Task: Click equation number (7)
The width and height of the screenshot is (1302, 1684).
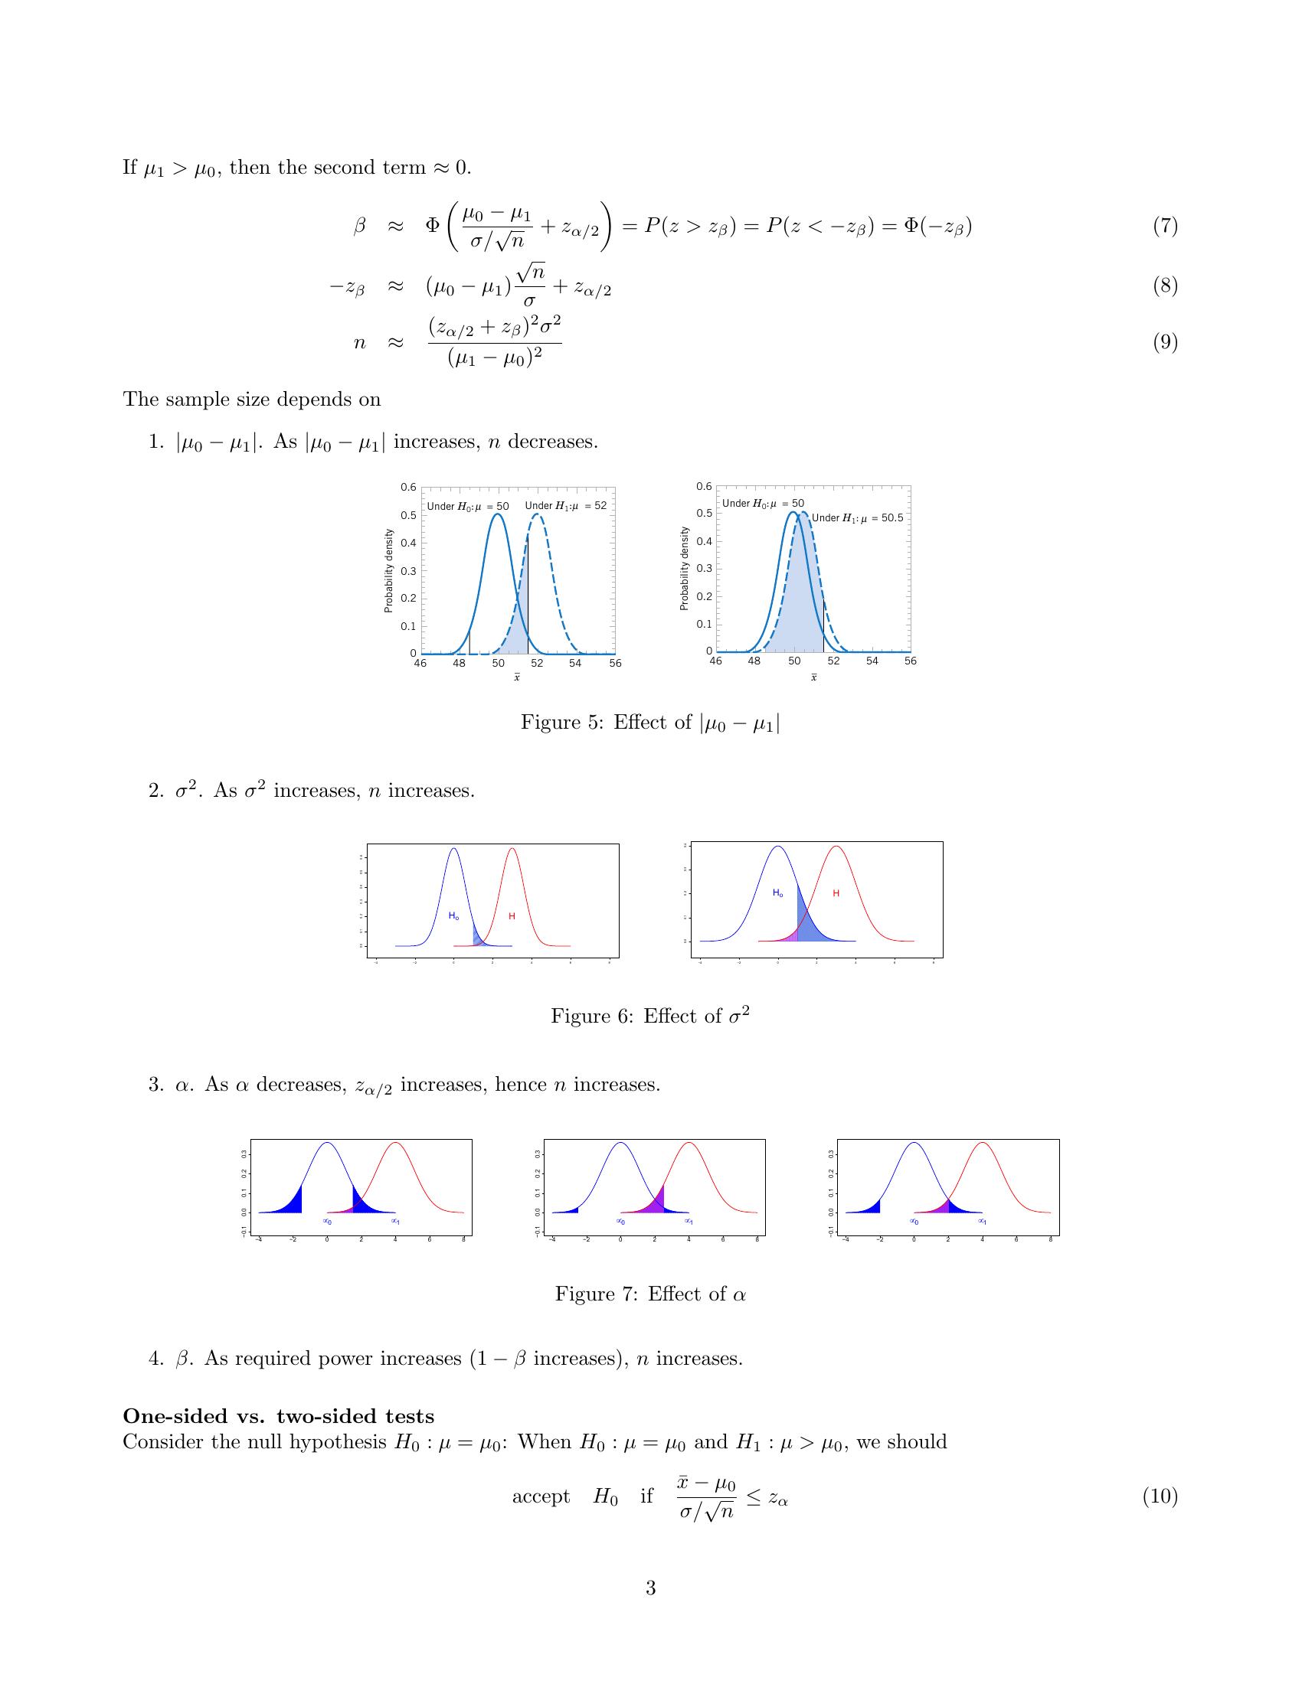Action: pyautogui.click(x=1165, y=227)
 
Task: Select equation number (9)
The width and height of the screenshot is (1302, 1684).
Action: pyautogui.click(x=1165, y=341)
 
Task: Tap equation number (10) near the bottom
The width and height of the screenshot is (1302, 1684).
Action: pyautogui.click(x=1160, y=1518)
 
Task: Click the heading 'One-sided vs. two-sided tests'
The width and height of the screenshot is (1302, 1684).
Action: pyautogui.click(x=279, y=1416)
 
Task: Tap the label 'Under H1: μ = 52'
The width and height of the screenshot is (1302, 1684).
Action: pyautogui.click(x=565, y=507)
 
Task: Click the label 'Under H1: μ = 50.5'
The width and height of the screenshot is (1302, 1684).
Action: pyautogui.click(x=856, y=518)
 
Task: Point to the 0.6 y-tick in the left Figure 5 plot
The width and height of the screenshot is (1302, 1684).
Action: pyautogui.click(x=408, y=488)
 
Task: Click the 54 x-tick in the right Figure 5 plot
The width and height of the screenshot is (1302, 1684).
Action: pyautogui.click(x=872, y=661)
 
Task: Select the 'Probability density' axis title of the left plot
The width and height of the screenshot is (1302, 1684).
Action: pyautogui.click(x=389, y=570)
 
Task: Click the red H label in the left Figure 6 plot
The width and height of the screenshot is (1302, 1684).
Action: pyautogui.click(x=512, y=916)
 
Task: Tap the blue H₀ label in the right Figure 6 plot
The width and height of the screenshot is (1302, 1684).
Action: pyautogui.click(x=777, y=893)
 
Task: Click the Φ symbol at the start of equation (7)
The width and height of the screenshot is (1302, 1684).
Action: pyautogui.click(x=433, y=225)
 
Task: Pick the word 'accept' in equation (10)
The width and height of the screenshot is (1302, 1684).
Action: pyautogui.click(x=541, y=1518)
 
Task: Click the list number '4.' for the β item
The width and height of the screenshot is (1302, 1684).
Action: pyautogui.click(x=157, y=1359)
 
